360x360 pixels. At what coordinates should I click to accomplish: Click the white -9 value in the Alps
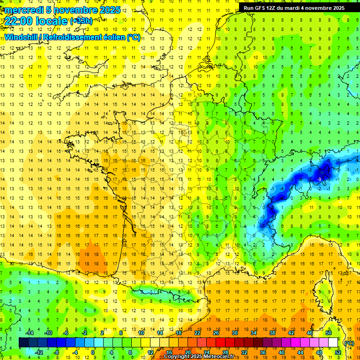click(x=319, y=179)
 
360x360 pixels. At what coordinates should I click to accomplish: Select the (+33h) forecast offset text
click(x=81, y=21)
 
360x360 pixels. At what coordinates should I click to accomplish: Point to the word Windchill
click(x=20, y=37)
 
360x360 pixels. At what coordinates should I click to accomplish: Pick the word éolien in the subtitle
click(x=115, y=37)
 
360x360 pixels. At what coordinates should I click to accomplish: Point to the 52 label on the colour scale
click(x=337, y=352)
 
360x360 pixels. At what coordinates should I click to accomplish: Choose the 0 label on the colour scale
click(x=93, y=352)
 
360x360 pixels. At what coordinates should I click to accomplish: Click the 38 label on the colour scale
click(x=272, y=333)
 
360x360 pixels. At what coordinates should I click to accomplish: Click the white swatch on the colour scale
click(x=333, y=343)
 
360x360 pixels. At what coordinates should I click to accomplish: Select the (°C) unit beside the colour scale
click(x=349, y=343)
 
